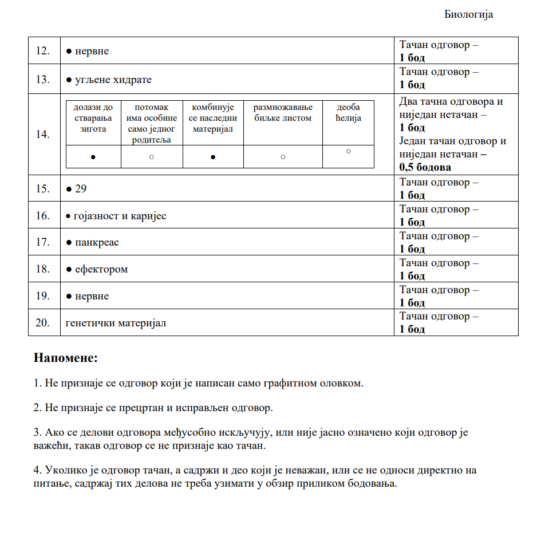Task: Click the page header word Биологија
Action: tap(468, 15)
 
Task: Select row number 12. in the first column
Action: tap(42, 52)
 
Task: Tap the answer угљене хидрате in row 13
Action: tap(113, 80)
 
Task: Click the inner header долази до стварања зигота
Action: tap(93, 118)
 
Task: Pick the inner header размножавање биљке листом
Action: tap(283, 113)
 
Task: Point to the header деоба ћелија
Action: tap(349, 113)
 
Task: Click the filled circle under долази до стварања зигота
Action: tap(93, 157)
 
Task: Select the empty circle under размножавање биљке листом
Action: tap(283, 157)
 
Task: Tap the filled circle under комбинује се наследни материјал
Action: tap(213, 157)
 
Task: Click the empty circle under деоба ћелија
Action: tap(348, 151)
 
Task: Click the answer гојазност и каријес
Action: tap(120, 216)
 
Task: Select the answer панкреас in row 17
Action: tap(97, 242)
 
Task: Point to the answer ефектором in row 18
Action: tap(101, 269)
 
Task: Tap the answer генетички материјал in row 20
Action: tap(116, 323)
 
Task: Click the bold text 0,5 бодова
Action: tap(425, 167)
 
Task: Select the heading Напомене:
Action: tap(66, 358)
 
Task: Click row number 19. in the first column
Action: tap(42, 296)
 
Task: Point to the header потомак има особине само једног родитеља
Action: tap(152, 124)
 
